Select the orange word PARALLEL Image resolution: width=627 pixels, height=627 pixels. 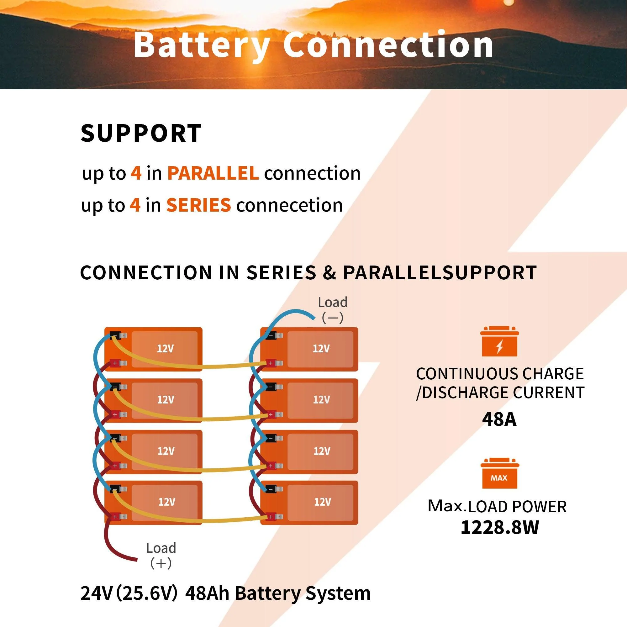[x=213, y=173]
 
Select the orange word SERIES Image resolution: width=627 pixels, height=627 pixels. [x=198, y=205]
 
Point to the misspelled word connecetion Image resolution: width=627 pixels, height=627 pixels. [x=289, y=205]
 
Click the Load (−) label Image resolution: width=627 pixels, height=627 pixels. [x=333, y=310]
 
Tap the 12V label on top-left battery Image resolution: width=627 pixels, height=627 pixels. [x=165, y=349]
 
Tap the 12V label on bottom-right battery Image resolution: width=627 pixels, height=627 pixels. [x=322, y=502]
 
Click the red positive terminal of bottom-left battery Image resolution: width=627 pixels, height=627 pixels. [x=114, y=517]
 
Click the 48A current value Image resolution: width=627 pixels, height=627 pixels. [x=499, y=419]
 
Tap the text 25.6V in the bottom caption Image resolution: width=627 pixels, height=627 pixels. [x=147, y=593]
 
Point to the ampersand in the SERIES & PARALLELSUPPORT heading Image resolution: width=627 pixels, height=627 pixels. [x=329, y=273]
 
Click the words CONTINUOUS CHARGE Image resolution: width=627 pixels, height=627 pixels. [x=500, y=374]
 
